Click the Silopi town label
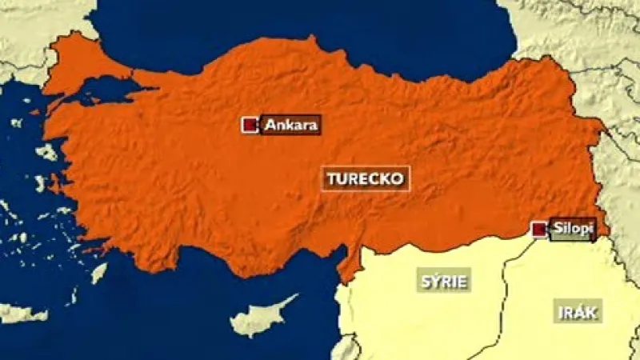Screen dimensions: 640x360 point(574,230)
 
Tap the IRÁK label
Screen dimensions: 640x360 point(578,312)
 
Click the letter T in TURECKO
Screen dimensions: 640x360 point(332,178)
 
